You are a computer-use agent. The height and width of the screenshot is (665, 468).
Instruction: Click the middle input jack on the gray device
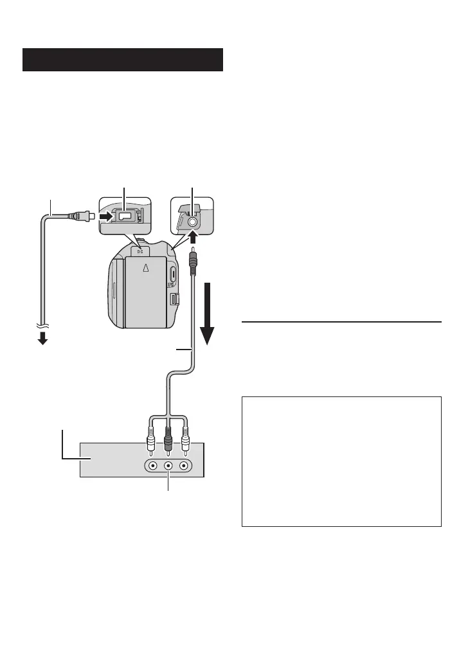168,465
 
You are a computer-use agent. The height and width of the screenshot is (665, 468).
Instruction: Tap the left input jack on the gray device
152,465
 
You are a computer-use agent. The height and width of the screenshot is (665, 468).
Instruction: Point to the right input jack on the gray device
185,465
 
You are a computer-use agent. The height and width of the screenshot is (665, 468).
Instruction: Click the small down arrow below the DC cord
42,339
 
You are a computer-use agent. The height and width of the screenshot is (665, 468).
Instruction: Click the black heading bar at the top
123,59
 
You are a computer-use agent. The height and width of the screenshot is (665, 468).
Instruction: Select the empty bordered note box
341,461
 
